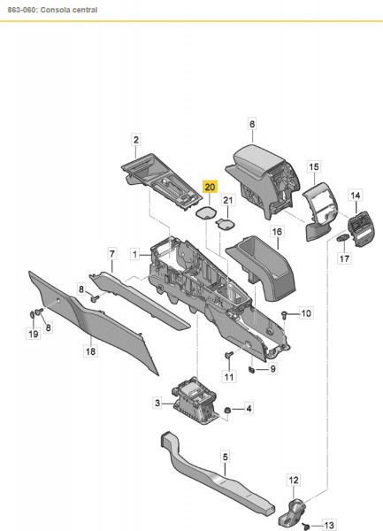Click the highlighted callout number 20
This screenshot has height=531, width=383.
(209, 188)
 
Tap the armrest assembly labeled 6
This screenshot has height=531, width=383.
(262, 167)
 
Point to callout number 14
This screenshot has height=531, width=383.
(356, 195)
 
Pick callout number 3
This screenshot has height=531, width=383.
(157, 403)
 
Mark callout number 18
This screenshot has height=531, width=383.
(89, 351)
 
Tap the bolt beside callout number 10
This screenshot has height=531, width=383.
(284, 313)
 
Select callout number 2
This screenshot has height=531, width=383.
(136, 139)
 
